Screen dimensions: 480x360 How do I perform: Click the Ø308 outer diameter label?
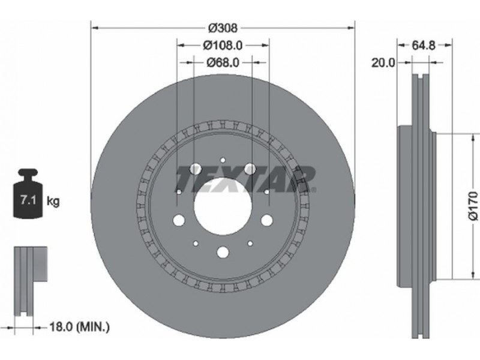coord(223,28)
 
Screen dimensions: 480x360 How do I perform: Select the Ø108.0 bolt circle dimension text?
coord(223,46)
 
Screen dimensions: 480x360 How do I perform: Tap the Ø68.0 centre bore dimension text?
coord(223,63)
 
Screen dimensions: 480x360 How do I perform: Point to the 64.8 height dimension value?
coord(424,46)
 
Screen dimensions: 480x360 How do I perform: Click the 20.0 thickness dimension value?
coord(383,63)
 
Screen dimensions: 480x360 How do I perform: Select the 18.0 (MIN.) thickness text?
coord(79,327)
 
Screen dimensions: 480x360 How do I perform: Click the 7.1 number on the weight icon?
coord(28,201)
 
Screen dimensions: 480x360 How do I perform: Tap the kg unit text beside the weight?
coord(53,202)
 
